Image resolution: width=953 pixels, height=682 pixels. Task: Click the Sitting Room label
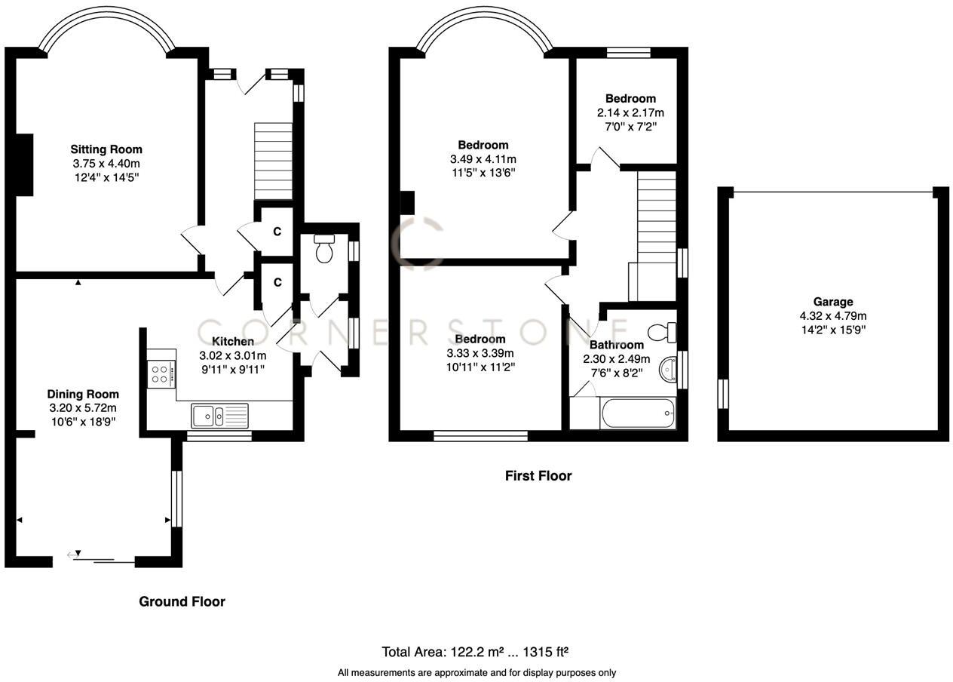pyautogui.click(x=106, y=149)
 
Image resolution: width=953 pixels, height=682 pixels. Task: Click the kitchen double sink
pyautogui.click(x=219, y=415)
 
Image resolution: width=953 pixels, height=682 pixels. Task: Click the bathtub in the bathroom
pyautogui.click(x=637, y=413)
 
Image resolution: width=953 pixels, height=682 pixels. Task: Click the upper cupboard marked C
pyautogui.click(x=277, y=232)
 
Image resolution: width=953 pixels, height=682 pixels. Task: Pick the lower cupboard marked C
pyautogui.click(x=277, y=282)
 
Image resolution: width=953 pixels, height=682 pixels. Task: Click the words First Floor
pyautogui.click(x=538, y=476)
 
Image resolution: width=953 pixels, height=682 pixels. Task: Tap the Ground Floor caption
pyautogui.click(x=182, y=601)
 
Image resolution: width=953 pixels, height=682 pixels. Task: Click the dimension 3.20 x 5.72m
pyautogui.click(x=83, y=407)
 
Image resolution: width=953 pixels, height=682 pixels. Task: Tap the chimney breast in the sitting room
pyautogui.click(x=24, y=166)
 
